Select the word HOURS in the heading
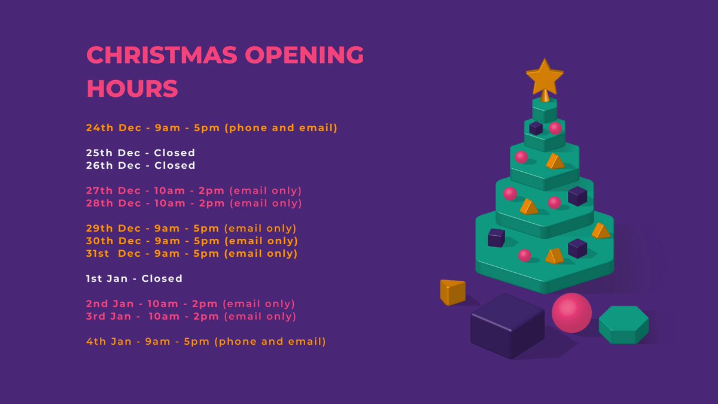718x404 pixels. (132, 89)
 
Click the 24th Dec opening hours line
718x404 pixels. (212, 127)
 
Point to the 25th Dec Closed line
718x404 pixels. (141, 153)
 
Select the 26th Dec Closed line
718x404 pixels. (141, 165)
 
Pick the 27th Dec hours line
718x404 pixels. (194, 190)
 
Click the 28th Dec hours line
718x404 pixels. (194, 203)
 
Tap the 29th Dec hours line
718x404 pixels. (191, 228)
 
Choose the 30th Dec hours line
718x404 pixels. (191, 241)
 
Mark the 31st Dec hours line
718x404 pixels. (191, 253)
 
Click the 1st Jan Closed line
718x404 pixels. (134, 278)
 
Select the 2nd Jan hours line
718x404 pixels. (191, 303)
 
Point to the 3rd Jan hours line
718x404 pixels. (191, 316)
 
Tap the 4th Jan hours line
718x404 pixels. (206, 342)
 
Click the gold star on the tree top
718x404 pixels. (544, 77)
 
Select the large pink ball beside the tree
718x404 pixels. (571, 312)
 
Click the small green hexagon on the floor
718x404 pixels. (623, 324)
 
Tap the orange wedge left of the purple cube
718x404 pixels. (452, 292)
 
